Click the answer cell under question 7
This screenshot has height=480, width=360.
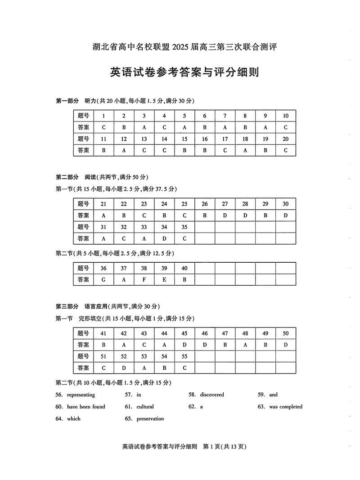point(225,127)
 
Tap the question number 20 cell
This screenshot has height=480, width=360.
point(285,139)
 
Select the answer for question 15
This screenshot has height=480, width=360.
point(184,150)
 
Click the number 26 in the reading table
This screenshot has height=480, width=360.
point(205,204)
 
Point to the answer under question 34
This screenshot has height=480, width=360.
point(164,238)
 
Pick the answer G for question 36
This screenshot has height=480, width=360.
point(103,279)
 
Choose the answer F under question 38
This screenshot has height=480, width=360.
point(144,279)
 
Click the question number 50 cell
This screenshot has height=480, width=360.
point(285,333)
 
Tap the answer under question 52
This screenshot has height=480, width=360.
point(124,368)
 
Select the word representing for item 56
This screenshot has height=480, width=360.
point(81,395)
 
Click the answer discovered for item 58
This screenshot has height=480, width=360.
point(212,395)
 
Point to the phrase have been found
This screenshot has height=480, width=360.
point(86,407)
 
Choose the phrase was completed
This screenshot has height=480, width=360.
point(286,407)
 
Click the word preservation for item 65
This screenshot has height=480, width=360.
point(150,419)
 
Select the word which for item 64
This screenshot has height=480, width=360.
point(74,419)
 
